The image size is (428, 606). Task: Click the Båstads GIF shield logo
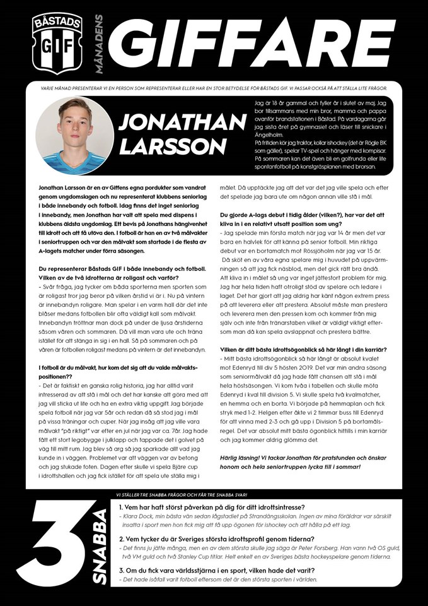pos(57,42)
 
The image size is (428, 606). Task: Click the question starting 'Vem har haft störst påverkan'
pos(212,508)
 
